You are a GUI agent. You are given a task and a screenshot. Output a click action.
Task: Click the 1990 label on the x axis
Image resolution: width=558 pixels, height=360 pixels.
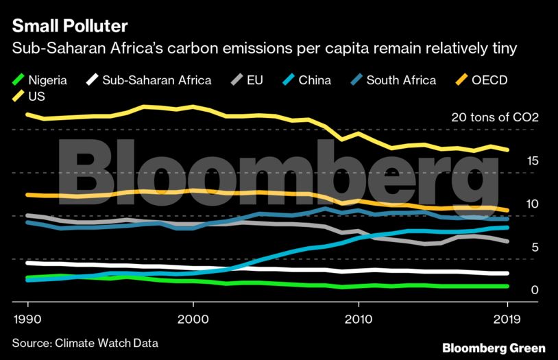[x=27, y=320]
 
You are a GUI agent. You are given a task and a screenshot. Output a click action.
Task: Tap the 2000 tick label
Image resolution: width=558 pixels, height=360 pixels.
[x=193, y=320]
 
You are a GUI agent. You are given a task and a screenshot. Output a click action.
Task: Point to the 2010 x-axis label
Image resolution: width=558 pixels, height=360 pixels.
[x=359, y=320]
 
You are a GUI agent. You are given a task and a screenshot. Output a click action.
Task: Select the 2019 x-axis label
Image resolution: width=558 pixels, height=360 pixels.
[x=507, y=320]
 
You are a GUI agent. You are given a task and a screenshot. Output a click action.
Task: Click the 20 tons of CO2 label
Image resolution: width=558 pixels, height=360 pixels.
[x=495, y=117]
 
